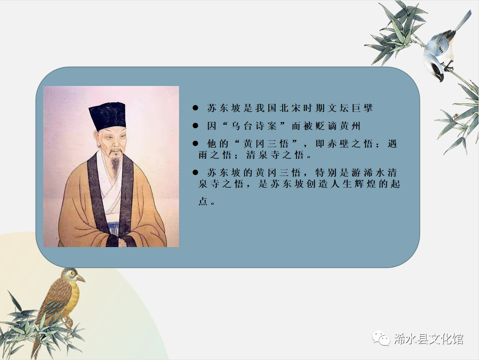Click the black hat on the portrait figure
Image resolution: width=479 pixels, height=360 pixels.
click(x=107, y=116)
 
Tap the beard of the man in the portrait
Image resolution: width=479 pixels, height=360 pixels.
click(x=116, y=163)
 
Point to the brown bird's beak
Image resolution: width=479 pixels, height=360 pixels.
click(x=81, y=279)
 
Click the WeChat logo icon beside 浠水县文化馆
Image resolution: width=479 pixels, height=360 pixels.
click(x=381, y=338)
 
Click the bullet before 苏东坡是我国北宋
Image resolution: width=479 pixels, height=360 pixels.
click(x=195, y=108)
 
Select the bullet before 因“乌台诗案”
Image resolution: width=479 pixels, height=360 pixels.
click(x=195, y=126)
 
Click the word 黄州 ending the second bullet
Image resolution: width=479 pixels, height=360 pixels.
click(x=350, y=126)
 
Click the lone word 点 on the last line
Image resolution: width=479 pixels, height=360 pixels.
click(x=203, y=202)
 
